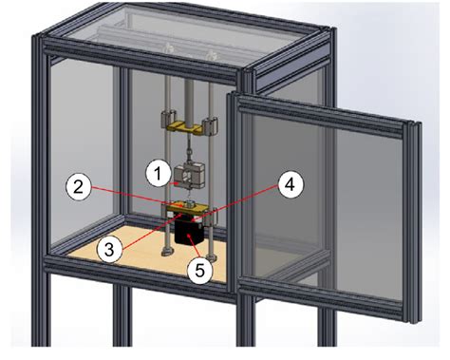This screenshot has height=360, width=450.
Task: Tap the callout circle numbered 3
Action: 112,249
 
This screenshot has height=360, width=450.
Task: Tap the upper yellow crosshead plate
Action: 190,123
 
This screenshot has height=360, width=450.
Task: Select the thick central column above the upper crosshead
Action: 191,95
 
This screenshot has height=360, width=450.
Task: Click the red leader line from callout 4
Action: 252,195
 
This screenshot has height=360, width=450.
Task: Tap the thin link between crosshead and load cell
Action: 192,147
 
